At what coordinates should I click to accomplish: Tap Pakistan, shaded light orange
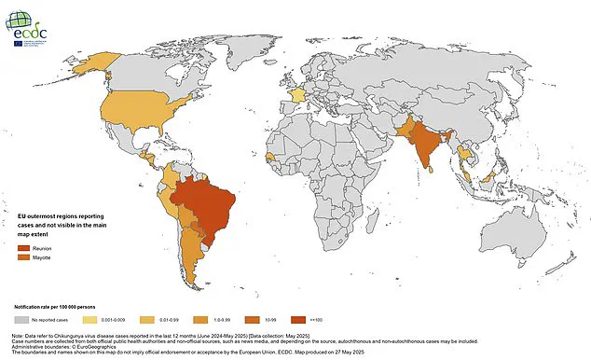403,128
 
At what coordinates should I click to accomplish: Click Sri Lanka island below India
430,173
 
